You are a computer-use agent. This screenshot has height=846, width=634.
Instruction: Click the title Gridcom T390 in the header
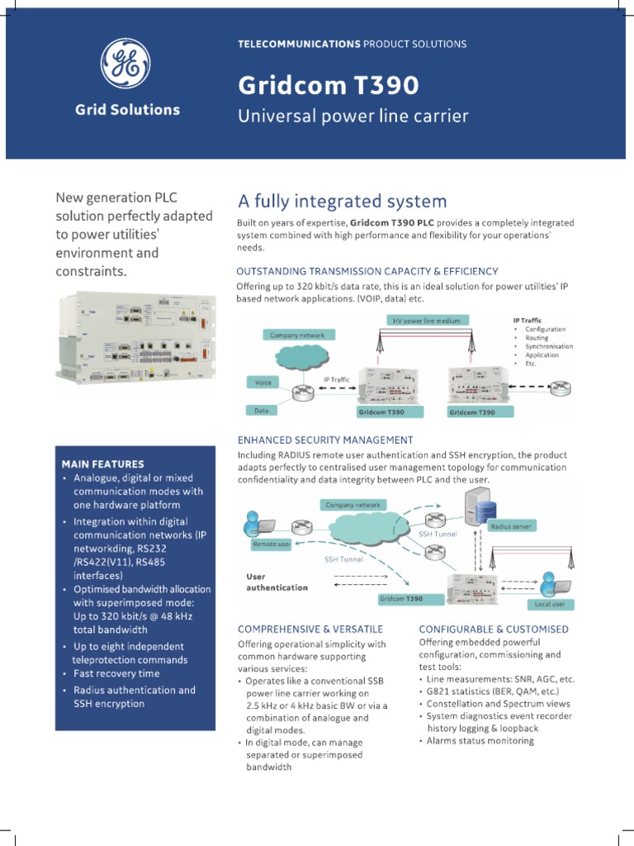tap(329, 85)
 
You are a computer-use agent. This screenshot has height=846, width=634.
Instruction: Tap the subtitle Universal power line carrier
tap(352, 116)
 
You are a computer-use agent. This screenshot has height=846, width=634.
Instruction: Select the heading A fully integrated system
tap(342, 201)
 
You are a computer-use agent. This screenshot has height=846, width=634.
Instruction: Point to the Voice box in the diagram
tap(264, 383)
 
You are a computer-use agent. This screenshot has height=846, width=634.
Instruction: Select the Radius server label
tap(512, 525)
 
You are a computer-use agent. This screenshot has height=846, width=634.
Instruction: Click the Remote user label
tap(272, 544)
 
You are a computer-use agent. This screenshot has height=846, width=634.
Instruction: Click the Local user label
tap(550, 605)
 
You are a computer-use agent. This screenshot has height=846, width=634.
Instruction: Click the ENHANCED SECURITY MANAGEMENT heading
tap(325, 440)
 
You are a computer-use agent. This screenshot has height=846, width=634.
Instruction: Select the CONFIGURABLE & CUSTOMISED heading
tap(493, 629)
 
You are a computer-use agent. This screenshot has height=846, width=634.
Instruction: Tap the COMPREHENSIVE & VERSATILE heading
tap(310, 629)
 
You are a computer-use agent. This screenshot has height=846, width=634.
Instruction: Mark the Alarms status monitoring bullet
tap(480, 741)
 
